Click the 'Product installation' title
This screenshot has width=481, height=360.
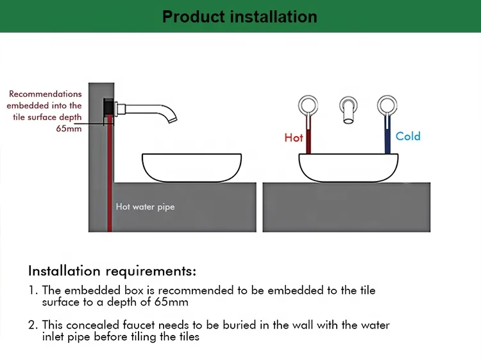[240, 16]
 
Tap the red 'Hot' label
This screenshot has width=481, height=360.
[294, 138]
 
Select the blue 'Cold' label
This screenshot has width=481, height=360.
[408, 136]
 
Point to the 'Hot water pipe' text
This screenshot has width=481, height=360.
[145, 207]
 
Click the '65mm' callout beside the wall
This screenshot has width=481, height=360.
[69, 128]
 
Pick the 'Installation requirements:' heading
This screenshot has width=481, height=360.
[112, 270]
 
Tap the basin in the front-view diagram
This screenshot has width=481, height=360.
[346, 168]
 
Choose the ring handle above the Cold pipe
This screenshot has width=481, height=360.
[386, 105]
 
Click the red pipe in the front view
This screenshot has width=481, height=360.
[308, 136]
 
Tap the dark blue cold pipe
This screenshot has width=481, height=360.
[387, 136]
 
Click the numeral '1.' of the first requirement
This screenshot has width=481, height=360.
[33, 291]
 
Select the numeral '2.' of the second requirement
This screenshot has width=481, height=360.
[33, 325]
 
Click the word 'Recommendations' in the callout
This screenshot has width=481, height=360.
[46, 94]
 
